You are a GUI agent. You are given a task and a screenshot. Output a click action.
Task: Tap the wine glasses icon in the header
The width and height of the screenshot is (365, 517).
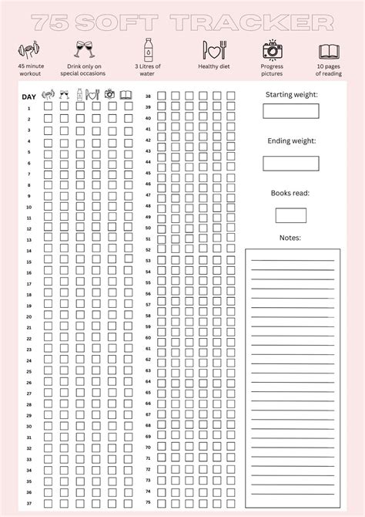coord(84,50)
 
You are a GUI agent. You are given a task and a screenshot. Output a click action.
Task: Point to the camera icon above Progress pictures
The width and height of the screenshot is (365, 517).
coord(272,50)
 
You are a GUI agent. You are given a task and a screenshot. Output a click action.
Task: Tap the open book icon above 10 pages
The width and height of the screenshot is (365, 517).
coord(330,51)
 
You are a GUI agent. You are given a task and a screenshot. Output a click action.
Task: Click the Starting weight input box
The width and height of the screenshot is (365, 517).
coord(291,111)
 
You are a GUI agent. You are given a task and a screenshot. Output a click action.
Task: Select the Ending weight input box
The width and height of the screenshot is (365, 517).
coord(291,163)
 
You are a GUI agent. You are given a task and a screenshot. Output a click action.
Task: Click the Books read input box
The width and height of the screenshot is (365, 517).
coord(291,215)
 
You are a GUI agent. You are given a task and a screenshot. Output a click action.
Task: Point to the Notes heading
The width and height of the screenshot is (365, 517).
coord(290,238)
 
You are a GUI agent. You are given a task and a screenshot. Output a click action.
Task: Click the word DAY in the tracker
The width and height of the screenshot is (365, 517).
coord(29,96)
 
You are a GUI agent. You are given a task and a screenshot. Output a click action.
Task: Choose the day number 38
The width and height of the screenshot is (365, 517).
coord(148,96)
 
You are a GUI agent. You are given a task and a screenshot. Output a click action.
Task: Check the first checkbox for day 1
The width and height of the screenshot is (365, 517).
coord(48,108)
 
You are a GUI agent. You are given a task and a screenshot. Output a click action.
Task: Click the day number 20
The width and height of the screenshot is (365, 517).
coord(29,316)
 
